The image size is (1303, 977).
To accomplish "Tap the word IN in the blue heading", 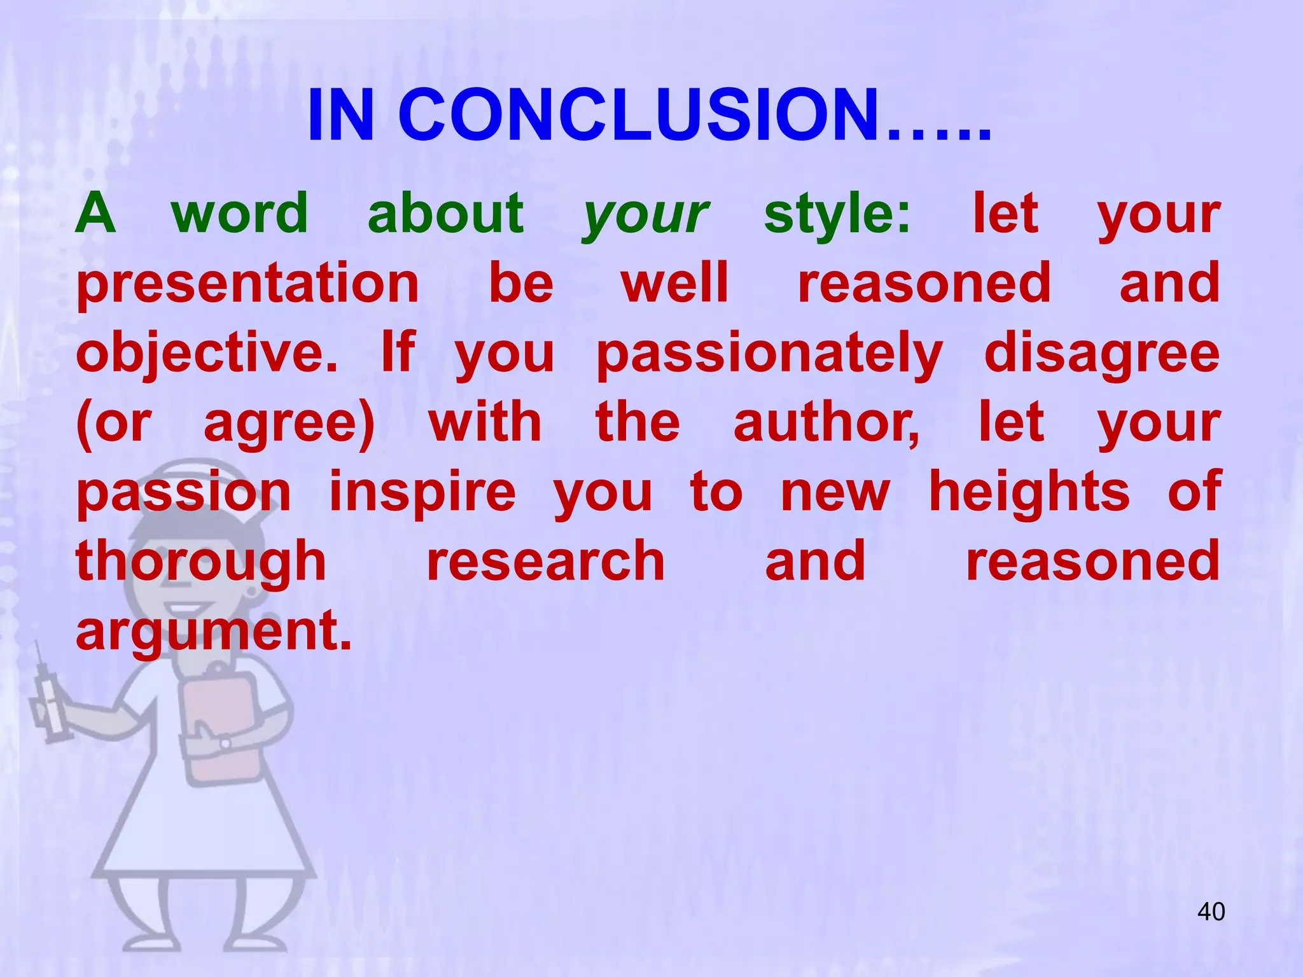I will [x=340, y=116].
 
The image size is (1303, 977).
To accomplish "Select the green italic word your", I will [x=646, y=215].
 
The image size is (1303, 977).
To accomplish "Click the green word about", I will [x=445, y=214].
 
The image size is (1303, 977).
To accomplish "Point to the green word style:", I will [x=837, y=215].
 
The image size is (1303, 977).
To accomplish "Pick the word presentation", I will [x=248, y=284].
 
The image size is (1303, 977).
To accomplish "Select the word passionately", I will [x=770, y=354].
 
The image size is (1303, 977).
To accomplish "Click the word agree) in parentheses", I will [x=289, y=424].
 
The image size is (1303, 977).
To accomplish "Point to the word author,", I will [x=827, y=424].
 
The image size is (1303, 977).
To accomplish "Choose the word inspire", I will [x=422, y=493].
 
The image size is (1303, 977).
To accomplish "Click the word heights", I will [x=1029, y=493].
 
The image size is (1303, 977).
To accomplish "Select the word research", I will [x=546, y=562].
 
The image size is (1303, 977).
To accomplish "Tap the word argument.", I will [x=214, y=632].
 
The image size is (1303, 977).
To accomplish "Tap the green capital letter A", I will [x=95, y=214].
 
